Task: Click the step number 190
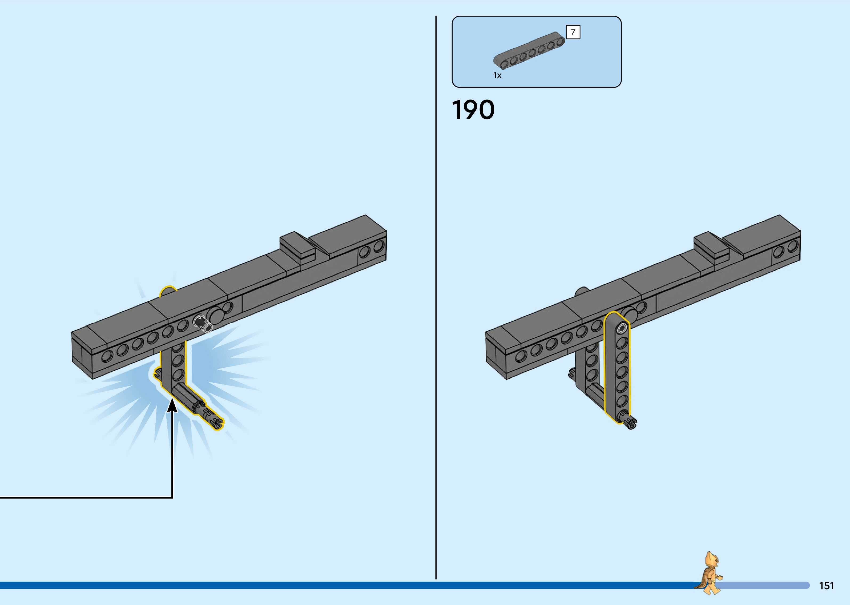[x=473, y=110]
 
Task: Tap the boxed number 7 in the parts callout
[x=573, y=33]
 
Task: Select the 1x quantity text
[x=497, y=75]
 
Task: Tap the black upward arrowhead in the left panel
[x=172, y=405]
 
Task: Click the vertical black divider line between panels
[x=436, y=298]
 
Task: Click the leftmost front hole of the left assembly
[x=107, y=356]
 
